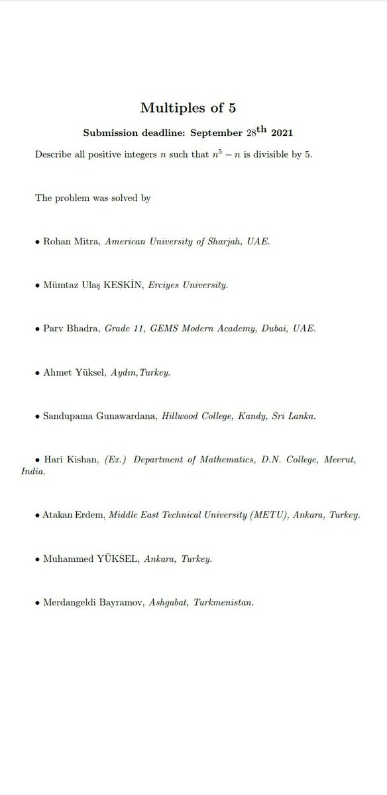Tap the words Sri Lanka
292,417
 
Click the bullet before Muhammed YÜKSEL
38,559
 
